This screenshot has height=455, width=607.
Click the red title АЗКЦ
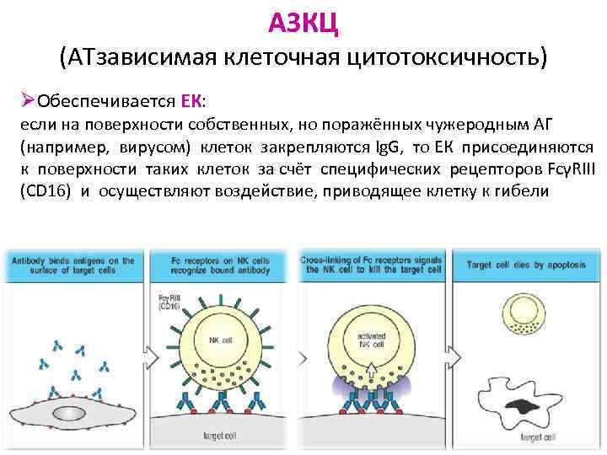coord(303,23)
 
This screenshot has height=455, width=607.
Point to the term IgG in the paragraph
coord(389,147)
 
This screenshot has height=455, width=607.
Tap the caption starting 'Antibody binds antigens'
coord(73,265)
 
